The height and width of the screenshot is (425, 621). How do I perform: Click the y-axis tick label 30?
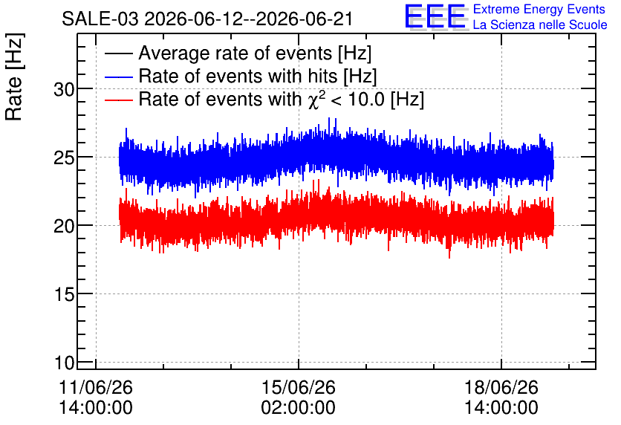64,90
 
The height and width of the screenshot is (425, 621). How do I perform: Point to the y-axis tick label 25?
64,158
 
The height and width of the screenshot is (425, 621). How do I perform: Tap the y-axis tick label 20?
64,227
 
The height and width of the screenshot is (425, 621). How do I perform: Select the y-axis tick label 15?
64,295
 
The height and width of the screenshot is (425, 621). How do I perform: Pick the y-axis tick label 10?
64,363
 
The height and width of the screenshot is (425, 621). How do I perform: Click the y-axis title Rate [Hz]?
14,77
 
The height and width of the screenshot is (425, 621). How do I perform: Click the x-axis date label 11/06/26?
95,387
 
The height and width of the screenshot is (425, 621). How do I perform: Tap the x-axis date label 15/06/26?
298,387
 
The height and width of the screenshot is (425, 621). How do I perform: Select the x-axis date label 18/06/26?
501,387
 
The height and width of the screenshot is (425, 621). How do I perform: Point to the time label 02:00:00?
298,408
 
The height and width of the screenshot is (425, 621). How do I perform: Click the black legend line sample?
118,53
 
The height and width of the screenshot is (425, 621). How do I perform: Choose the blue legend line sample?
118,77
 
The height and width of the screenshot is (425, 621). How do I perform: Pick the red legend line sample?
118,100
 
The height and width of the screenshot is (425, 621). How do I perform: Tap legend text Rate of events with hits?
238,76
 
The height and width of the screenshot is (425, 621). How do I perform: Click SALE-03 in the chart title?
100,19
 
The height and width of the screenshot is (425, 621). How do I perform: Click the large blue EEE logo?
435,16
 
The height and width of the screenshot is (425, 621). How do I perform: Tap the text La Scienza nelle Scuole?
540,25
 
